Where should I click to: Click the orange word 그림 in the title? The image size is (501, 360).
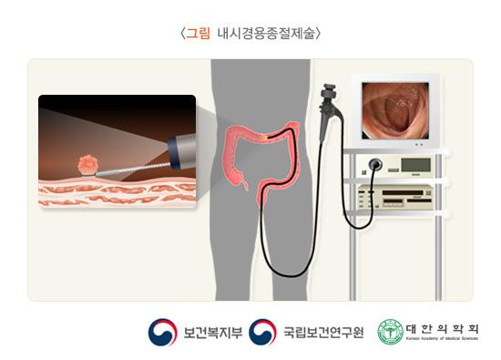pos(199,34)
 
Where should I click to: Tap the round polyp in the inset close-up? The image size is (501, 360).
pos(88,164)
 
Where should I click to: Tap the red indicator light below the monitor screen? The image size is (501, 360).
pos(414,145)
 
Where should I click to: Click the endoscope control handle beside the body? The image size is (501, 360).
pos(324,106)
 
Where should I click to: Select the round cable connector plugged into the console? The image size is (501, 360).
pos(373,167)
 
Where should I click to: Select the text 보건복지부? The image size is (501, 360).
pos(212,333)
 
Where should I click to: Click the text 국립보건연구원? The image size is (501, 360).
pos(322,333)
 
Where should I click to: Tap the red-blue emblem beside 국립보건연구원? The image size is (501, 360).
pos(263,332)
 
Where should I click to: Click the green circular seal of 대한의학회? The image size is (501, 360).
pos(390,332)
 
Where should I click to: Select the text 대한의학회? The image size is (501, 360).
pos(443,328)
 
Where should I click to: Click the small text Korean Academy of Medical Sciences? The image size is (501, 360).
pos(443,339)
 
